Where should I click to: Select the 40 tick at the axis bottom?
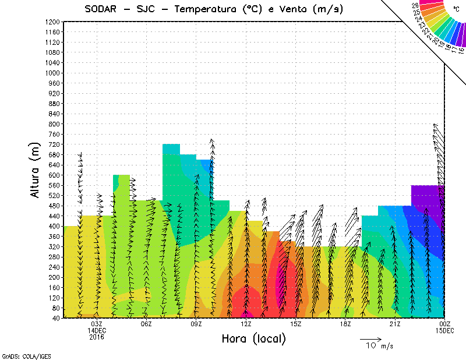pos(57,318)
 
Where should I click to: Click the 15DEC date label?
pos(444,330)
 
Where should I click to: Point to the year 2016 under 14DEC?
pos(97,336)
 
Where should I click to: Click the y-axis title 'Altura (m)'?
pos(36,170)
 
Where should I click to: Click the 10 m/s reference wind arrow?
pos(370,338)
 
